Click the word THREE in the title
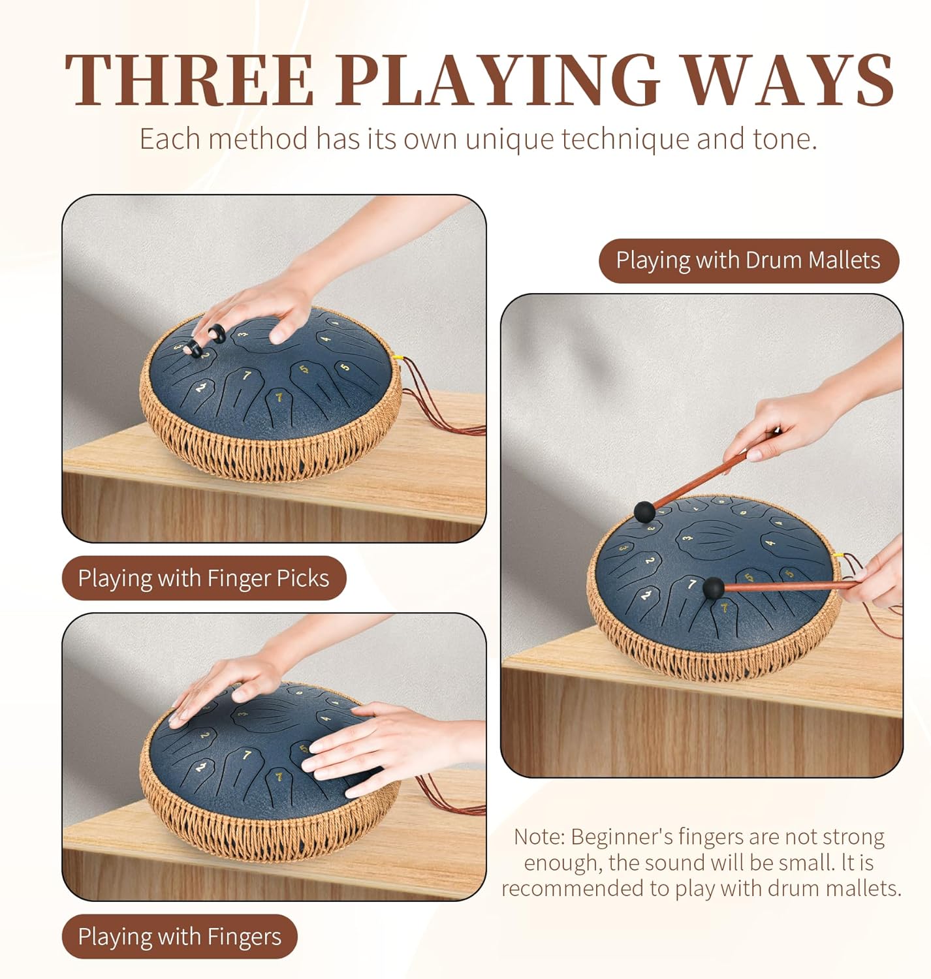189,80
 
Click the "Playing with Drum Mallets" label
749,260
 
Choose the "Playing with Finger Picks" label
204,578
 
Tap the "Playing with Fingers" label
180,936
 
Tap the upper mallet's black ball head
644,512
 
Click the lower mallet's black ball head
714,588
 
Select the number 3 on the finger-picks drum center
243,334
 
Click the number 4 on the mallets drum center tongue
770,542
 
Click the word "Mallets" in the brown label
844,260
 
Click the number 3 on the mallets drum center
688,538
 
